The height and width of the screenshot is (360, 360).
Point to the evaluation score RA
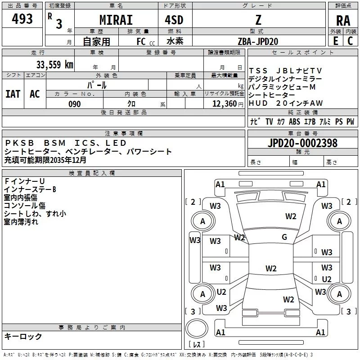pos(343,21)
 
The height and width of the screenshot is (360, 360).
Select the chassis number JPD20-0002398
pos(302,143)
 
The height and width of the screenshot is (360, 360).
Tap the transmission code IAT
pos(13,94)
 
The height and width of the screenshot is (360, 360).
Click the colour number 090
pos(74,104)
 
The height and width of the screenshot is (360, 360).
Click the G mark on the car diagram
pos(284,237)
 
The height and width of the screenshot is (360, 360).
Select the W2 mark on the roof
pos(271,269)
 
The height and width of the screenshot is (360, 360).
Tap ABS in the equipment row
pos(294,122)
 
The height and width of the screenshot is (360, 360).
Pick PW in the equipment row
pos(350,122)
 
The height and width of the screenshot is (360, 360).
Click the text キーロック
pos(23,336)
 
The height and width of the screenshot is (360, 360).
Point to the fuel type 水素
pos(175,41)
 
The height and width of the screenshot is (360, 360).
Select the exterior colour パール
pos(97,85)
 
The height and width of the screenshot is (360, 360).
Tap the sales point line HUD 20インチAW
pos(286,103)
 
